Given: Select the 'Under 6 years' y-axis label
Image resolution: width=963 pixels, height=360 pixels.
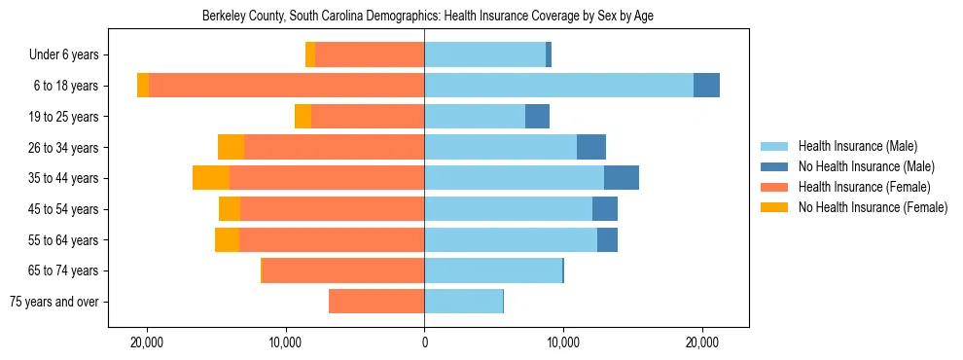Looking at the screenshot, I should [x=70, y=55].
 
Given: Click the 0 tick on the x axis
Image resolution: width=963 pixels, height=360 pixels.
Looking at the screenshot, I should [x=424, y=343].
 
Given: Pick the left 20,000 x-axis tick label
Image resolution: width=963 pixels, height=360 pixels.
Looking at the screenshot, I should [x=147, y=343].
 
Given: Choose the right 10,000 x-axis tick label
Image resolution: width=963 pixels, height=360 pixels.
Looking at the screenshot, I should [x=563, y=343].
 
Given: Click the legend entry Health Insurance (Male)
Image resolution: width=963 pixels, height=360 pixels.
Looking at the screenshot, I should [x=857, y=147].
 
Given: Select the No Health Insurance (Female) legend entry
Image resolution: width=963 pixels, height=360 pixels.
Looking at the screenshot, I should [x=873, y=207].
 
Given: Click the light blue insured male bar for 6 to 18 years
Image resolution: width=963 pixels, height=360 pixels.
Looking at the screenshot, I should [x=558, y=86].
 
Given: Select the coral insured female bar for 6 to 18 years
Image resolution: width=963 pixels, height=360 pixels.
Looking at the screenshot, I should [x=286, y=86].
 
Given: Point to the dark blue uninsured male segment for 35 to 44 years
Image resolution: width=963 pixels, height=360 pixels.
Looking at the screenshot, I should [x=622, y=178].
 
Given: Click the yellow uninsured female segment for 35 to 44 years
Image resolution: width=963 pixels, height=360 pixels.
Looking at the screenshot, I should [x=211, y=178].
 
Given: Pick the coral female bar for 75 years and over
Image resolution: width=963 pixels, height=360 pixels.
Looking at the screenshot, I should [x=376, y=302].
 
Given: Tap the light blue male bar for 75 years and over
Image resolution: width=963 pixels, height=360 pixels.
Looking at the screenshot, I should [x=463, y=302].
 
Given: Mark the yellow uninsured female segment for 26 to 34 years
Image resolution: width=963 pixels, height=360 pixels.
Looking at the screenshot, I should [x=231, y=147].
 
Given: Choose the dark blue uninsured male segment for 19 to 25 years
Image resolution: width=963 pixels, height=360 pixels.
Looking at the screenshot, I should [x=537, y=117].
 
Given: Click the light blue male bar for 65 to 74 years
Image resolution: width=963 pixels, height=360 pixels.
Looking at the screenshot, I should [x=493, y=270].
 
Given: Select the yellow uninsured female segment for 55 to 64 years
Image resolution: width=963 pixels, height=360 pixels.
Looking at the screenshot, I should [x=227, y=239].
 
